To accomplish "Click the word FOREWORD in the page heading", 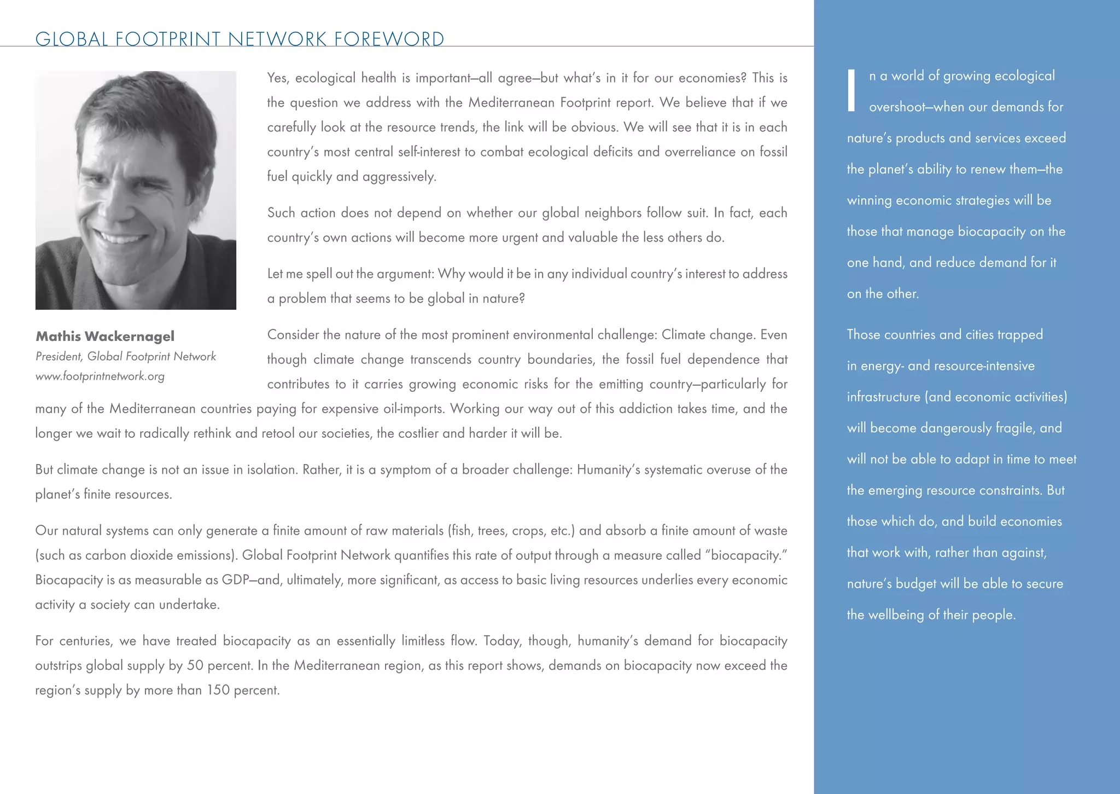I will point(389,39).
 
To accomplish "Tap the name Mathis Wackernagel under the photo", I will point(105,336).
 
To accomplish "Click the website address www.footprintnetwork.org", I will point(100,376).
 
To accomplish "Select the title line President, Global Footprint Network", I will point(126,356).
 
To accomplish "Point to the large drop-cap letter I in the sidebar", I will point(851,91).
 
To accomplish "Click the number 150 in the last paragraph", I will point(218,690).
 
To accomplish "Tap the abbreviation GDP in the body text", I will point(236,580).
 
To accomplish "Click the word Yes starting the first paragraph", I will point(278,78).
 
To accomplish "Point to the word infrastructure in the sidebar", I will point(883,397).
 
